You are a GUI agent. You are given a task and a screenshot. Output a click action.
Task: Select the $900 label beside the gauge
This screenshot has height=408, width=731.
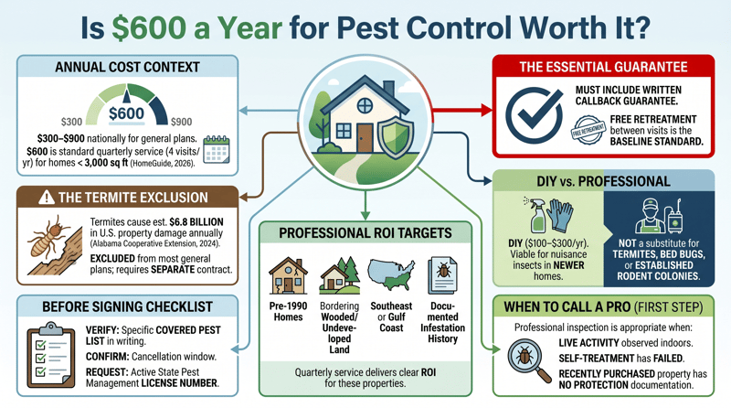pyautogui.click(x=180, y=121)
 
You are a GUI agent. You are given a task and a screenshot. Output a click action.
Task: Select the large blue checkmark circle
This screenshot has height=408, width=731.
pyautogui.click(x=534, y=113)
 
